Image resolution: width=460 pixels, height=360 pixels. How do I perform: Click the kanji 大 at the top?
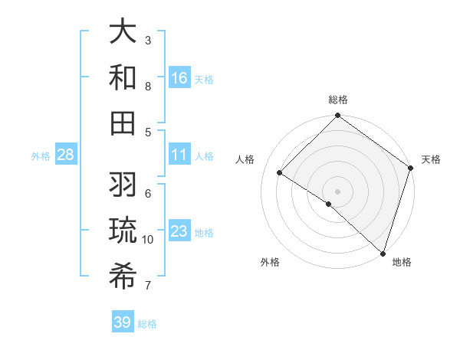click(123, 32)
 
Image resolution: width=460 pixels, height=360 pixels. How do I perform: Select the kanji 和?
click(123, 77)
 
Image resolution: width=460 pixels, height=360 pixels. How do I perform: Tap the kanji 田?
click(123, 123)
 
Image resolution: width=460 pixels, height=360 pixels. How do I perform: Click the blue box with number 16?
click(179, 78)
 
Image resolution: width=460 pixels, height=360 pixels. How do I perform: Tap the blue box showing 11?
click(179, 155)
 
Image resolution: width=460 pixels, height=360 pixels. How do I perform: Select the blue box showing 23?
click(179, 231)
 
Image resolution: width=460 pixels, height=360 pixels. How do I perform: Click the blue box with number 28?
click(65, 155)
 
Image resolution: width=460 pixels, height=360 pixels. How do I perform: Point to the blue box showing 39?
click(122, 322)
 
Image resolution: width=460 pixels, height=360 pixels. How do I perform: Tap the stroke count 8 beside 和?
click(148, 86)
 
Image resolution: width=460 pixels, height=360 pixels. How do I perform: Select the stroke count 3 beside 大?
click(148, 40)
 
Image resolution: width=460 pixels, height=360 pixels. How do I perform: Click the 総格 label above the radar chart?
click(337, 100)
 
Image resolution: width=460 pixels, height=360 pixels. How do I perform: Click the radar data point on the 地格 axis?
click(383, 253)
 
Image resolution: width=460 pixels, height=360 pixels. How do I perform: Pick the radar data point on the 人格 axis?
click(280, 173)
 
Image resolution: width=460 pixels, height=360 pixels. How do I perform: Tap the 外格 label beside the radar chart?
click(270, 262)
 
